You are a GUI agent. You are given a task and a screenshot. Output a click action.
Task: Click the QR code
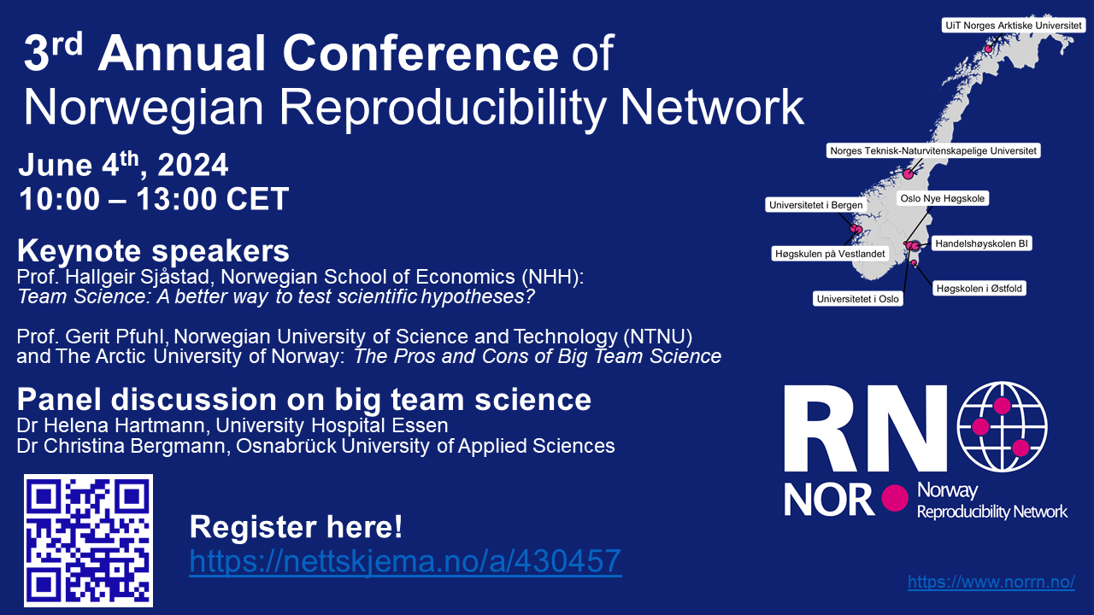(88, 541)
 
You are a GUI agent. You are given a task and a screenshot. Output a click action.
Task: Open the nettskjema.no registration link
(405, 561)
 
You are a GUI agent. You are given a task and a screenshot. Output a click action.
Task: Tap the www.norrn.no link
(991, 582)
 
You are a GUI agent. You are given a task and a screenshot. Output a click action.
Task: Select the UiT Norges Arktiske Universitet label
(1014, 26)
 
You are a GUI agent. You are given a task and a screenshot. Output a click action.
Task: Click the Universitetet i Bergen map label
(815, 205)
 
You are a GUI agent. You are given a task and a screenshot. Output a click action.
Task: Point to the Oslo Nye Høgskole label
(943, 198)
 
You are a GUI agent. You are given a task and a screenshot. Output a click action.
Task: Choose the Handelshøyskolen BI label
(982, 243)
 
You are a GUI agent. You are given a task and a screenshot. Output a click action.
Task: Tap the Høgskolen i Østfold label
(979, 289)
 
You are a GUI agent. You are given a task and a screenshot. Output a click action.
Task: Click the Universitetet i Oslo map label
(857, 299)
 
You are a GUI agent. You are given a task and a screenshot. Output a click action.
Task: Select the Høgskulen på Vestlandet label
(830, 254)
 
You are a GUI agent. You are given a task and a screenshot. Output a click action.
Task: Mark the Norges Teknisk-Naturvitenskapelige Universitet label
(933, 151)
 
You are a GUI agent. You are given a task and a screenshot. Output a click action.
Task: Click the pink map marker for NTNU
(908, 173)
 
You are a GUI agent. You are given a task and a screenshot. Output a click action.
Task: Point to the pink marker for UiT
(989, 49)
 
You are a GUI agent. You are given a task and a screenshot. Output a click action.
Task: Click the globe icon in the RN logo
(1002, 426)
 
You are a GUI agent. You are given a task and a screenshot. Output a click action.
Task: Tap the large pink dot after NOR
(895, 498)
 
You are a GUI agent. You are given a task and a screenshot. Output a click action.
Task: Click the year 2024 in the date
(193, 165)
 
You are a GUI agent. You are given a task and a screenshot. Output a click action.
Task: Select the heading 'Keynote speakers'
(153, 251)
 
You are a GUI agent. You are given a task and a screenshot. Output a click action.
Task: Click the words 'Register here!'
(296, 527)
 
